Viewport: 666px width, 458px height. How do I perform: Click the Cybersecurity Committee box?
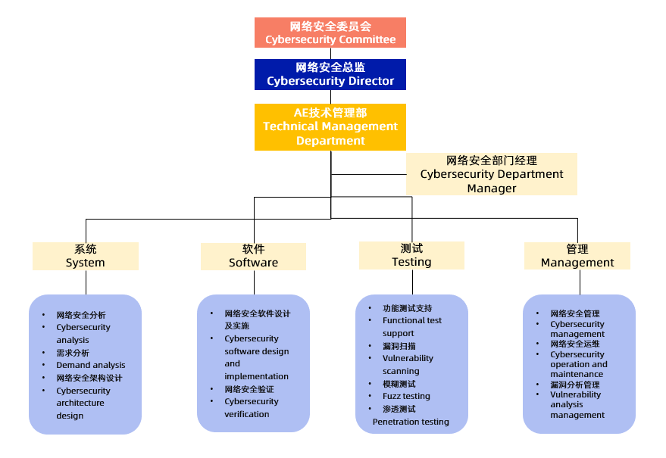point(330,33)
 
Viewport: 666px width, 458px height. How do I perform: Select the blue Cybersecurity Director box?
point(330,74)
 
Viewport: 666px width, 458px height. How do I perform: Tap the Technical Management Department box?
point(330,126)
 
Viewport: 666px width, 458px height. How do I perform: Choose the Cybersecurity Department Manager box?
point(492,174)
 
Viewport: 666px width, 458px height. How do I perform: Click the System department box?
point(86,256)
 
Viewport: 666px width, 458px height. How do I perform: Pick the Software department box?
point(253,256)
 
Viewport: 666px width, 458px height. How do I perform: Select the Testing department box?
point(411,255)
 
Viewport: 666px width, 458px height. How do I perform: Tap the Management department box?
point(577,256)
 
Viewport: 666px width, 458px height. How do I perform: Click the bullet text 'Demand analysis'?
point(91,365)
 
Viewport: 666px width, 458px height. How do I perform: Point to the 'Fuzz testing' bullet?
point(406,396)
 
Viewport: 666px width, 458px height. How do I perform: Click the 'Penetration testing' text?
point(411,422)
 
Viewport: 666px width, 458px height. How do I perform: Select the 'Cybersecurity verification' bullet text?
point(251,407)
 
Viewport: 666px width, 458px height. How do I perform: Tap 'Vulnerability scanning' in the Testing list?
point(408,365)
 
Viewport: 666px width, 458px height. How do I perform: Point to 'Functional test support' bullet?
point(411,326)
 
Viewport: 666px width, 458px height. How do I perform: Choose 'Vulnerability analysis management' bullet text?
point(577,404)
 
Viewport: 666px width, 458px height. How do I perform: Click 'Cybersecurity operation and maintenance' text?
point(579,364)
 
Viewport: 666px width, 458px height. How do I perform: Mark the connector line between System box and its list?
point(86,282)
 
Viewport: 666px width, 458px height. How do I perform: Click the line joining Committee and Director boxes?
point(330,53)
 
